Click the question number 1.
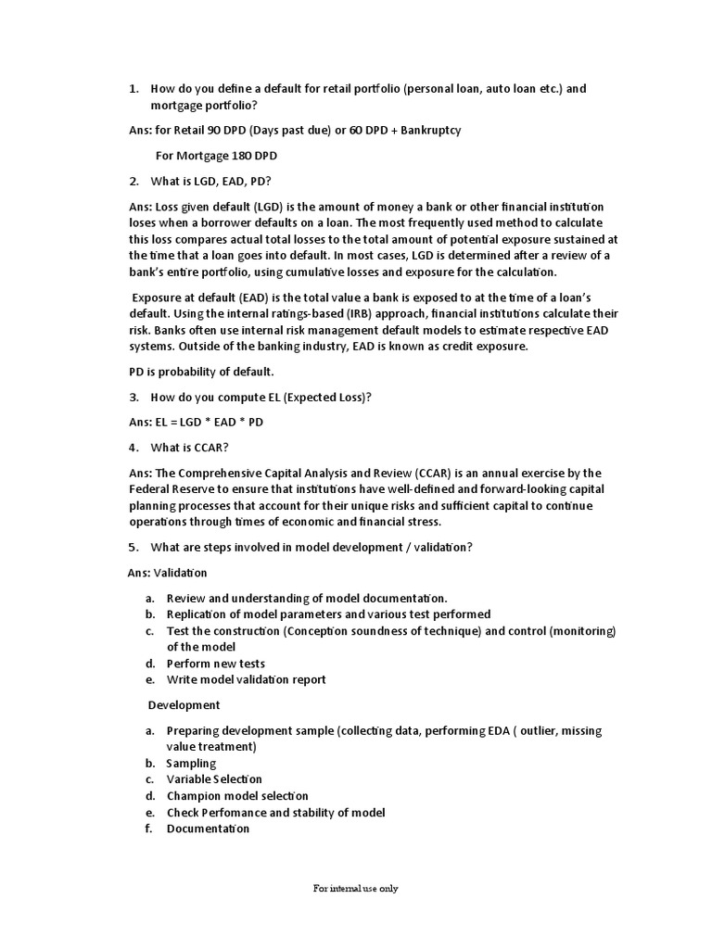coord(133,89)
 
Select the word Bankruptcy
coord(428,130)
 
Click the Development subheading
coord(184,705)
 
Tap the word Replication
coord(201,614)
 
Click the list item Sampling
coord(191,764)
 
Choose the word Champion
coord(196,796)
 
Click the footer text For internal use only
coord(355,888)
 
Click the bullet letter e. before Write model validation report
coord(148,679)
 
